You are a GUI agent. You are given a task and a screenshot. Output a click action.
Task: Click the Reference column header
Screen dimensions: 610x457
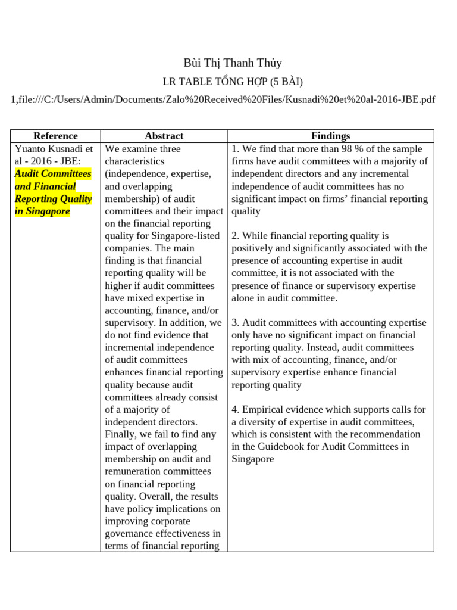55,136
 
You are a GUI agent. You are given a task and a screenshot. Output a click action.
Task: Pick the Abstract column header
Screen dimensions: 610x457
164,136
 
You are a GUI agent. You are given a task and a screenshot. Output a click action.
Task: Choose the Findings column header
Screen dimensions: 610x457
331,136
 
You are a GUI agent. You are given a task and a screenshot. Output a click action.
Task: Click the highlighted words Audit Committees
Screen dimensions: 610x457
53,173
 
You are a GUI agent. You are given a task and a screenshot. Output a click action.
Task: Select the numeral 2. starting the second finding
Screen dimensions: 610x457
236,236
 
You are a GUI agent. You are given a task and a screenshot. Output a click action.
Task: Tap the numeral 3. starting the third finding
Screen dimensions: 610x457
236,322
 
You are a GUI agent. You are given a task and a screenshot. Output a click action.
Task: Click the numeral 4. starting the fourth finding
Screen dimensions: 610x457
236,409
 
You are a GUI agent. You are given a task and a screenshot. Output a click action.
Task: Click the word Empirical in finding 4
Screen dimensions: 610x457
264,409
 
